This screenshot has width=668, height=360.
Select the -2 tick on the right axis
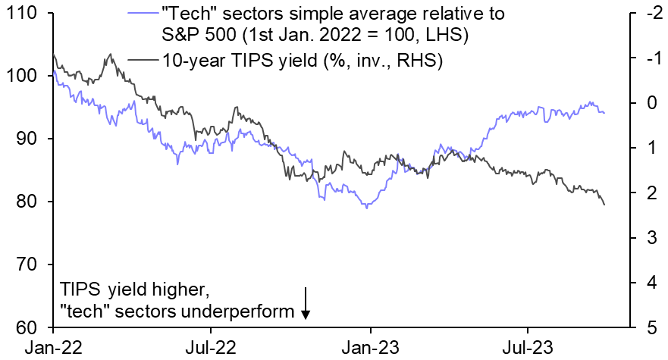coord(644,13)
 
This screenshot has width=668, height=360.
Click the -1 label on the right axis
coord(644,58)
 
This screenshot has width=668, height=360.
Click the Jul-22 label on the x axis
coord(210,347)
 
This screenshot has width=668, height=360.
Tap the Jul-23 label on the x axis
coord(528,347)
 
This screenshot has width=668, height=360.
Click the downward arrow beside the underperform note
coord(305,303)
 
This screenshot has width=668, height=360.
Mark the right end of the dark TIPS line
coord(604,205)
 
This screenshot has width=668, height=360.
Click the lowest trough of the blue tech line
coord(368,207)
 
